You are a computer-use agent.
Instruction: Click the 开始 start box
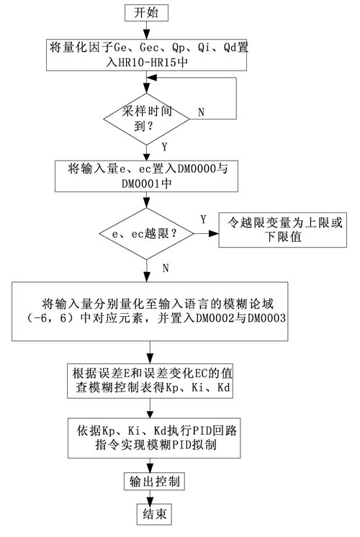(x=146, y=13)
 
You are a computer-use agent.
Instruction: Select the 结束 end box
(x=154, y=514)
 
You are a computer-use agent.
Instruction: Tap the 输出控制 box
(x=154, y=482)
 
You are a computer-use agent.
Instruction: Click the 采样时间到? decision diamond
(x=147, y=119)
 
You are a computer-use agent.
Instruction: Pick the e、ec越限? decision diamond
(x=147, y=233)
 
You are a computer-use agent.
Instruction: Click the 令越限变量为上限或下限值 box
(x=282, y=230)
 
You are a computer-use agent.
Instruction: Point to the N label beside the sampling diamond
(x=201, y=112)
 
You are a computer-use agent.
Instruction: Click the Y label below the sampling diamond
(x=164, y=147)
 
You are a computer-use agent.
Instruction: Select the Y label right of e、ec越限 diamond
(x=204, y=219)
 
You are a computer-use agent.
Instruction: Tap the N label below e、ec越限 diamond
(x=166, y=268)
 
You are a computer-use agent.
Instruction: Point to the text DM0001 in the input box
(x=141, y=184)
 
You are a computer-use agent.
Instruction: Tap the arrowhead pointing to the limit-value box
(x=214, y=233)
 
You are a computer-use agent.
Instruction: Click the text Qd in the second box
(x=231, y=48)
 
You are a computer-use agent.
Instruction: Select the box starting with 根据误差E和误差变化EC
(x=150, y=381)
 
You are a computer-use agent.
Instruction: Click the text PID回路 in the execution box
(x=215, y=430)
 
